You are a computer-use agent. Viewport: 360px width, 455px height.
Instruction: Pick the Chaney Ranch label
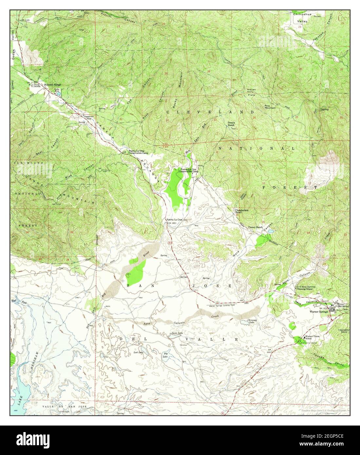point(256,227)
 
